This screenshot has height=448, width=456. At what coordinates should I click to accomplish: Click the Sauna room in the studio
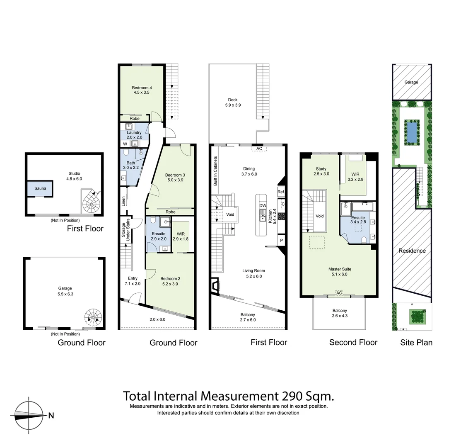(x=40, y=189)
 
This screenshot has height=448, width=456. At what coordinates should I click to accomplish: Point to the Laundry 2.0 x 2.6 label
(x=134, y=135)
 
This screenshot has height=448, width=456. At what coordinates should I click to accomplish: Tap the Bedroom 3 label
(x=174, y=178)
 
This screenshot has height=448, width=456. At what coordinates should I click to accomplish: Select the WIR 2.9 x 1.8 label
(x=181, y=236)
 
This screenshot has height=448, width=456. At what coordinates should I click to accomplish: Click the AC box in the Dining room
(x=259, y=149)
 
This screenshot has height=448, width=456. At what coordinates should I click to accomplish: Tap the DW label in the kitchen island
(x=262, y=205)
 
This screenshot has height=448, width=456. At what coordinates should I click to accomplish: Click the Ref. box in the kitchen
(x=281, y=192)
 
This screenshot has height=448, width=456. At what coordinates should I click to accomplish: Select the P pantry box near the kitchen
(x=281, y=241)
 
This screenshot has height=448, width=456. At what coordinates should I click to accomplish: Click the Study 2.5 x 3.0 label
(x=321, y=171)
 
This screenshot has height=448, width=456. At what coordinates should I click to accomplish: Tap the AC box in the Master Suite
(x=339, y=293)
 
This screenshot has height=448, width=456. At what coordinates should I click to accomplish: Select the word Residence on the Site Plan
(x=412, y=251)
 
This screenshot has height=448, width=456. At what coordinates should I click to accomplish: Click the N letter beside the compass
(x=51, y=415)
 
